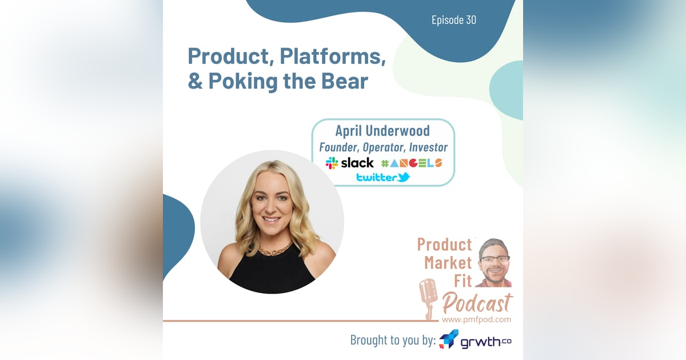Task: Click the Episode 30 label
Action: pyautogui.click(x=454, y=20)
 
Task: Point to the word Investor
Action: pyautogui.click(x=428, y=147)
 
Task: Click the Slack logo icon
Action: pyautogui.click(x=332, y=163)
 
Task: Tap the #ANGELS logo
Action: pyautogui.click(x=411, y=163)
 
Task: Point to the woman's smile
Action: pyautogui.click(x=272, y=219)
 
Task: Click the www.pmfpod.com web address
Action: pyautogui.click(x=477, y=319)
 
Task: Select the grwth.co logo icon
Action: pyautogui.click(x=449, y=339)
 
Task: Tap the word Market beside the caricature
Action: pyautogui.click(x=448, y=263)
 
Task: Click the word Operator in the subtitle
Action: pyautogui.click(x=383, y=147)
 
